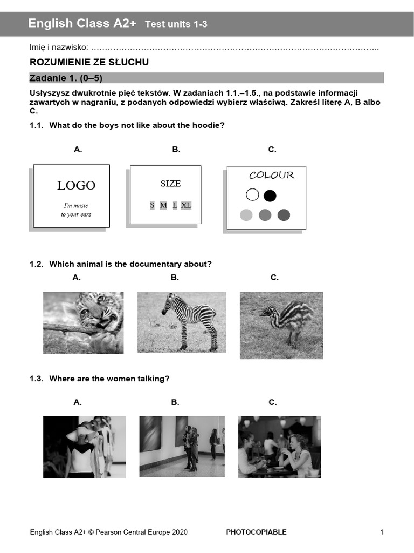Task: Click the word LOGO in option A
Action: pos(76,186)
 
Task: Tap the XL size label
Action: pos(186,205)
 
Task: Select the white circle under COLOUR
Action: pos(252,195)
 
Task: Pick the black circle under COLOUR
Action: pos(270,195)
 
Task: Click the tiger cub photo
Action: pos(83,323)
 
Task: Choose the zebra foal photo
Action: pos(182,322)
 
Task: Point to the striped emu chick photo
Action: pos(281,325)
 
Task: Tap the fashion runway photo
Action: pos(84,447)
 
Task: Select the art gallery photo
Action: pos(182,446)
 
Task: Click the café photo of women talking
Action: pos(279,447)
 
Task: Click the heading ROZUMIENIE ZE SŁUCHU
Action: pos(89,63)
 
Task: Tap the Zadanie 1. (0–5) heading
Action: pos(66,78)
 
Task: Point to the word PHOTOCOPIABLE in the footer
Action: pos(256,532)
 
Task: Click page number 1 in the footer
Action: pos(382,532)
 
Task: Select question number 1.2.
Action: pos(36,264)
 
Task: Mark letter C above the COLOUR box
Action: pos(272,150)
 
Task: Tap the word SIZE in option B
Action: pos(170,184)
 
